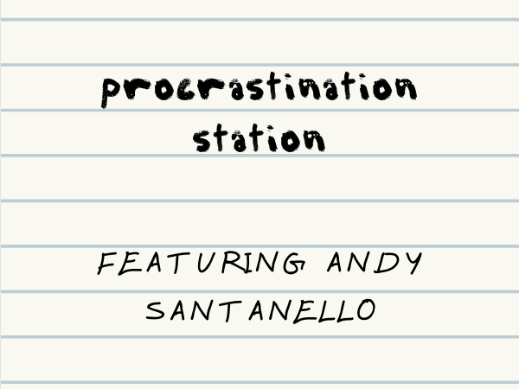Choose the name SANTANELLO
(x=259, y=309)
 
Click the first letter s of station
(x=202, y=139)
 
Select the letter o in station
(x=289, y=139)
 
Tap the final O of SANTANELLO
(x=365, y=309)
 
